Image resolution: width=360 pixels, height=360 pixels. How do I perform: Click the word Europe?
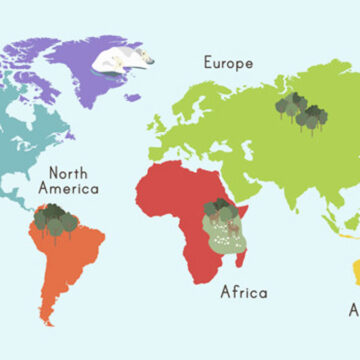[228, 62]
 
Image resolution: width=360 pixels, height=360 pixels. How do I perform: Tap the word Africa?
[244, 292]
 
